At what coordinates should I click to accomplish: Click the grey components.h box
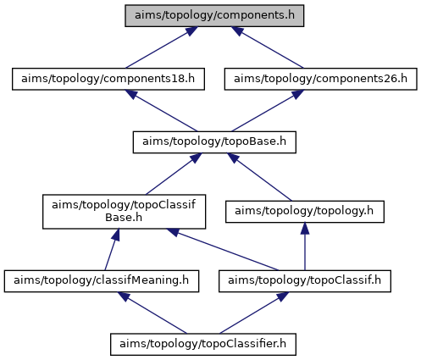pos(214,15)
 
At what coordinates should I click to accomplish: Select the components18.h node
pos(108,79)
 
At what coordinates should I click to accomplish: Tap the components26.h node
pos(320,79)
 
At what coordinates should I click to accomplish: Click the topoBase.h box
pos(214,142)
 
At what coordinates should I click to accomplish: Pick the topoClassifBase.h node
pos(124,212)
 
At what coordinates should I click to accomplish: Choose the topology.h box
pos(305,212)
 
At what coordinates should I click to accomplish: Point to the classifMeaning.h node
pos(102,281)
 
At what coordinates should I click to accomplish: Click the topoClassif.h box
pos(305,281)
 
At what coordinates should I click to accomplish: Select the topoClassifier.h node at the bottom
pos(203,344)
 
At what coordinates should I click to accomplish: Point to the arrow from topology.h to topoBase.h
pos(259,177)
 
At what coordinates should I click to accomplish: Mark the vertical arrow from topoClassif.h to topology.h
pos(305,246)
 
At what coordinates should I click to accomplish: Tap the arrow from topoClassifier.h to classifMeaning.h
pos(152,313)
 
